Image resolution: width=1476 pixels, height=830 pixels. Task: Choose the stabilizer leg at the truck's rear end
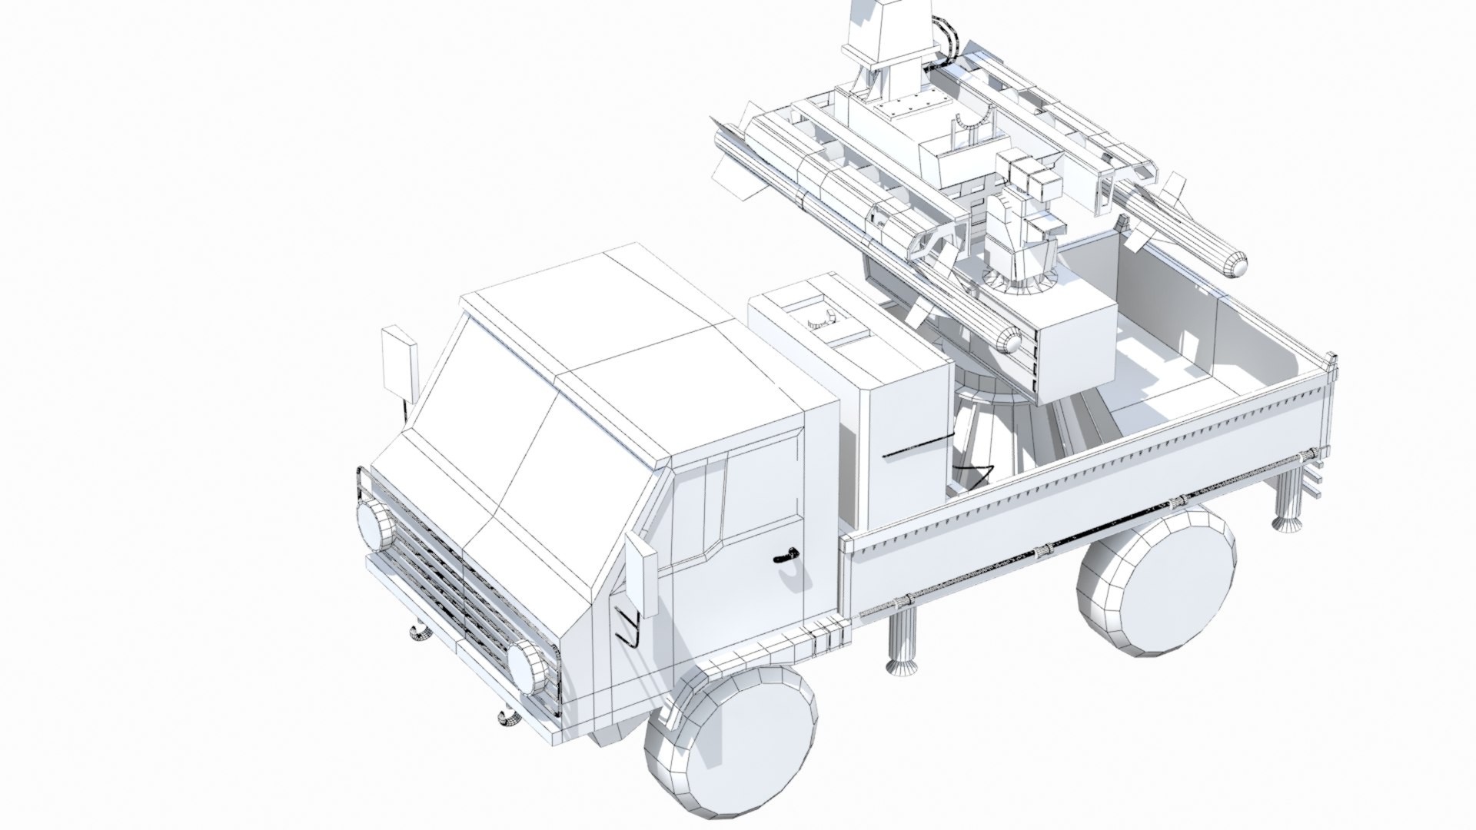point(1288,503)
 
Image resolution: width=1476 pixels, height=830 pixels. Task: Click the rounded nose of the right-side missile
point(1464,266)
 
